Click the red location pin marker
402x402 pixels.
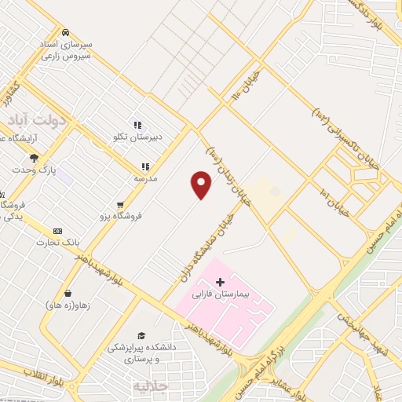tap(202, 185)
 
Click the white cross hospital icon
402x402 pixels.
tap(220, 282)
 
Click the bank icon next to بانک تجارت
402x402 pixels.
tap(57, 231)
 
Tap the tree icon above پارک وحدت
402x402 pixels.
tap(33, 158)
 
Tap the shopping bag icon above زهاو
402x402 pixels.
tap(68, 293)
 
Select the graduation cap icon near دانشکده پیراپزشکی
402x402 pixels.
tap(141, 335)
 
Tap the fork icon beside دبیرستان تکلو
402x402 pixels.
tap(137, 125)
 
